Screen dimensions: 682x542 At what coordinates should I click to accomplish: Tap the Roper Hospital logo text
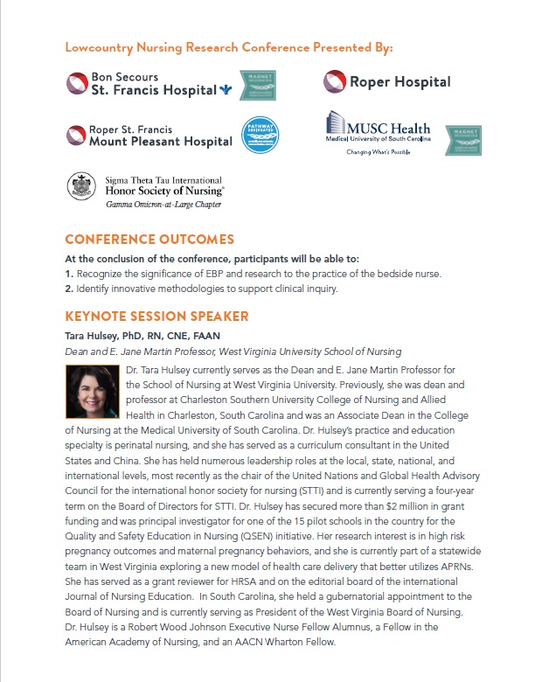(x=400, y=82)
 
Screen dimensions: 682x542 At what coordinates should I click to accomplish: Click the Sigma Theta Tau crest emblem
(x=81, y=186)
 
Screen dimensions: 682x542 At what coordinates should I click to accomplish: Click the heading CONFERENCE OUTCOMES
(x=149, y=240)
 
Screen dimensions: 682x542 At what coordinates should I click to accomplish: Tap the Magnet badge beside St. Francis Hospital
(x=258, y=85)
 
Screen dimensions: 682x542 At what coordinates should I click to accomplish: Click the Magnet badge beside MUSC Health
(x=463, y=140)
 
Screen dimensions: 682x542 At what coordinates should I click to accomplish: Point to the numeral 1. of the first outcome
(x=69, y=275)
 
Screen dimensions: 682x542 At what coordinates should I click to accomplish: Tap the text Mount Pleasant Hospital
(x=162, y=142)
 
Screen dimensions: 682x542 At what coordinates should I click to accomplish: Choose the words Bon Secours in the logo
(x=121, y=77)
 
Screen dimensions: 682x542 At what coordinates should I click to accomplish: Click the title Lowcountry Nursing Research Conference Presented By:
(x=229, y=46)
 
